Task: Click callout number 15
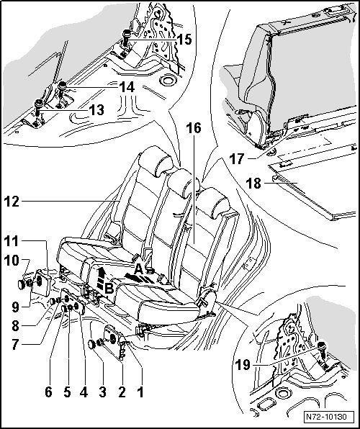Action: pyautogui.click(x=184, y=40)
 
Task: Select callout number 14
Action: pyautogui.click(x=127, y=88)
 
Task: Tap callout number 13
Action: pyautogui.click(x=96, y=110)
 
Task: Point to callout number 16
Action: pyautogui.click(x=194, y=128)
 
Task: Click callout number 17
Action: pyautogui.click(x=237, y=159)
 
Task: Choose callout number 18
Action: pyautogui.click(x=253, y=184)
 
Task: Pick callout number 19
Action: pyautogui.click(x=243, y=365)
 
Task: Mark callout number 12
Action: pyautogui.click(x=12, y=202)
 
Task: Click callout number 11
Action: pyautogui.click(x=12, y=241)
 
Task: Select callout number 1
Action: pyautogui.click(x=140, y=392)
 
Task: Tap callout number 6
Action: pyautogui.click(x=48, y=392)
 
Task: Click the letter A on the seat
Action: pyautogui.click(x=138, y=269)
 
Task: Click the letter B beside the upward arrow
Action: pyautogui.click(x=109, y=288)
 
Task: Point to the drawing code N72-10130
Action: pyautogui.click(x=326, y=417)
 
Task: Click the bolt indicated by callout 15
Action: pyautogui.click(x=126, y=37)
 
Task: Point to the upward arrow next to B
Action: pyautogui.click(x=101, y=279)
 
